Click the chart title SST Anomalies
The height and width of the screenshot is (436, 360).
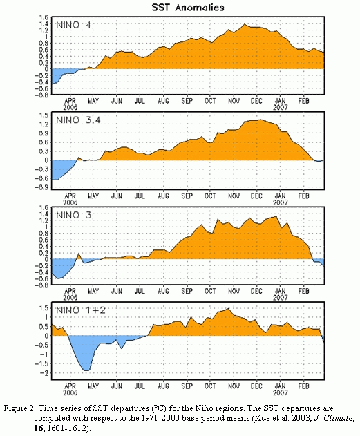pos(188,7)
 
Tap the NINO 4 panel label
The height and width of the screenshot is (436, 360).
pos(73,25)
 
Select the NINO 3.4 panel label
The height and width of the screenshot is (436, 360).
pos(78,120)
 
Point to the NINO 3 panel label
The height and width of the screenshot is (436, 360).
pos(73,215)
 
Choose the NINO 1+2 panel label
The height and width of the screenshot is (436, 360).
pos(81,310)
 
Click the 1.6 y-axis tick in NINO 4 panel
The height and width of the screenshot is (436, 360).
pos(44,17)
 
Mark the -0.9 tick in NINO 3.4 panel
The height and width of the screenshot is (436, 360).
pos(41,187)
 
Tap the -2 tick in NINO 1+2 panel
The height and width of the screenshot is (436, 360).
pos(44,372)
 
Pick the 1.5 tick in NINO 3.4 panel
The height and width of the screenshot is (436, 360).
pos(44,115)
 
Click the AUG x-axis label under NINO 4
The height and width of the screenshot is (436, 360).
pos(163,101)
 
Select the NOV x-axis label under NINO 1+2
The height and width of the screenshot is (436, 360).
pos(234,386)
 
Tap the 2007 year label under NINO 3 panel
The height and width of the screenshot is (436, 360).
pos(281,298)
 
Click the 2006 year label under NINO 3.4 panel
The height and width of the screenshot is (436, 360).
pos(70,202)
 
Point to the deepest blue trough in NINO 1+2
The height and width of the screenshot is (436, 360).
pos(87,370)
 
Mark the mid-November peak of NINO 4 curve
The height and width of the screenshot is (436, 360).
pos(245,24)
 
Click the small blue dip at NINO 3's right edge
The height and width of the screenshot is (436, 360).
pos(320,262)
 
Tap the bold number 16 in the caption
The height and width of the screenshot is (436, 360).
pos(39,428)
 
